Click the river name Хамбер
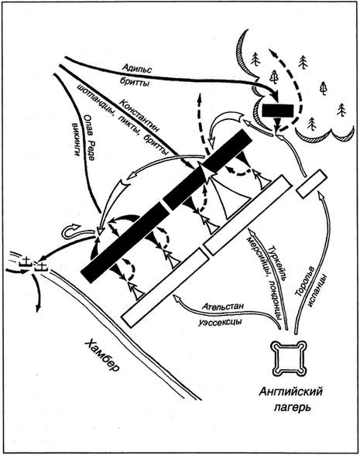[x=101, y=355]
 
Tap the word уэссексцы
[x=221, y=322]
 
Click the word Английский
[x=290, y=392]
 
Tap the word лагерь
[x=293, y=407]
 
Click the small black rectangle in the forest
[x=277, y=110]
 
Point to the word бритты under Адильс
[x=134, y=83]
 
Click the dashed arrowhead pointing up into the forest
[x=271, y=53]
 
